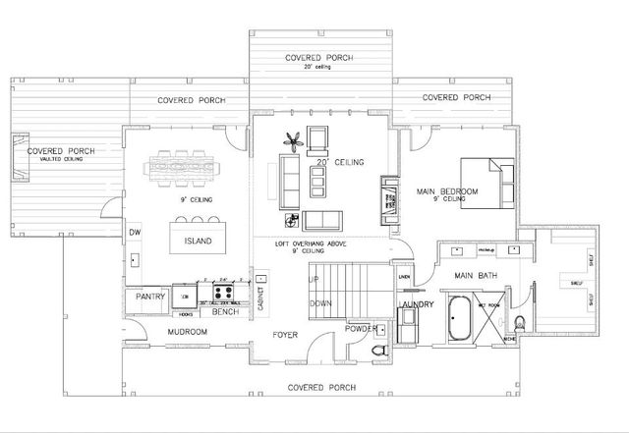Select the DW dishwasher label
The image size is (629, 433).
135,233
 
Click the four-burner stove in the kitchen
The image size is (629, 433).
221,292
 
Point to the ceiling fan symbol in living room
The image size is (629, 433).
291,140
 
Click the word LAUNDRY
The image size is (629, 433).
420,304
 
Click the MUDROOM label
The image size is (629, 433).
188,332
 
